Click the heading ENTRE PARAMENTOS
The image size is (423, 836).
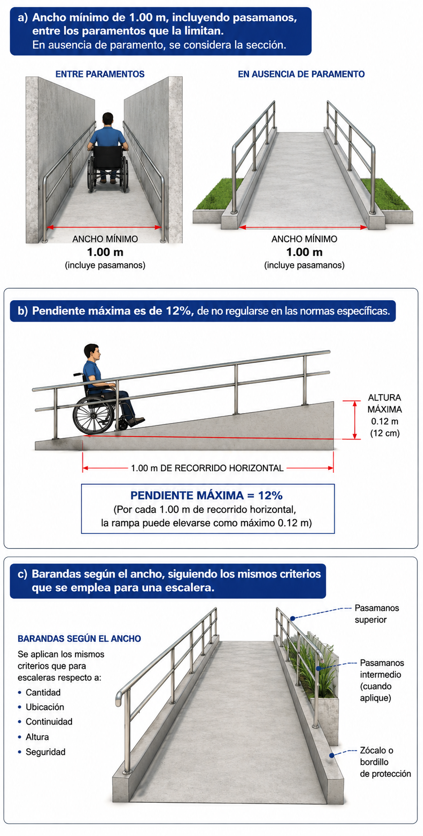100,74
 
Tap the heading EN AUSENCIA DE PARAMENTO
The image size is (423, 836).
301,74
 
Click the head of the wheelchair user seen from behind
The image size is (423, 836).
108,119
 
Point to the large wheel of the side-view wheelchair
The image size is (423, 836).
94,414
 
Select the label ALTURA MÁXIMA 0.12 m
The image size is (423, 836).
385,409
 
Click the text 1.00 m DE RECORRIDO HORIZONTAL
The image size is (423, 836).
207,468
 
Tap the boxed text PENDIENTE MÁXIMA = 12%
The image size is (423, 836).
206,496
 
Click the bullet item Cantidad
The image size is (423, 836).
43,692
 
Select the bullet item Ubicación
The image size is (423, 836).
45,707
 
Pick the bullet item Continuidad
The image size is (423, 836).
49,722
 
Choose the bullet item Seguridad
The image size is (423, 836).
46,752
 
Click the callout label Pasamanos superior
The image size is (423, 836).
377,614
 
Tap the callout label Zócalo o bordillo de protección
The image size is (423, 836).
385,762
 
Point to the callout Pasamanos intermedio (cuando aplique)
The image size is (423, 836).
381,680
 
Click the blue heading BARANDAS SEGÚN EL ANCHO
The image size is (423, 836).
79,639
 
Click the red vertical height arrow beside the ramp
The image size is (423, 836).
355,420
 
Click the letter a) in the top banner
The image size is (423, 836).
23,18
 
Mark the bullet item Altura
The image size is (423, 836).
37,737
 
